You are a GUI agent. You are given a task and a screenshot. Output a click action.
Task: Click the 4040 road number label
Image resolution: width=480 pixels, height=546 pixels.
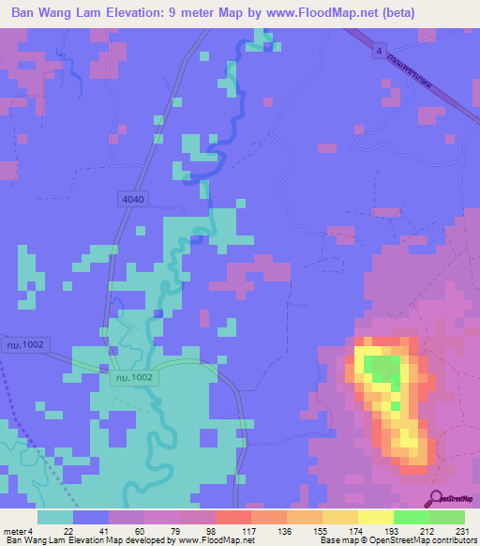tap(134, 200)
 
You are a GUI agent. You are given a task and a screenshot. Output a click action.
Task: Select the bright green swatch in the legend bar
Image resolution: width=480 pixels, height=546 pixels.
tap(411, 517)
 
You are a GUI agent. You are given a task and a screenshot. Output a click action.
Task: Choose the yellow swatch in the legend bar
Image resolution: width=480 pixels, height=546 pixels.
tap(375, 517)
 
